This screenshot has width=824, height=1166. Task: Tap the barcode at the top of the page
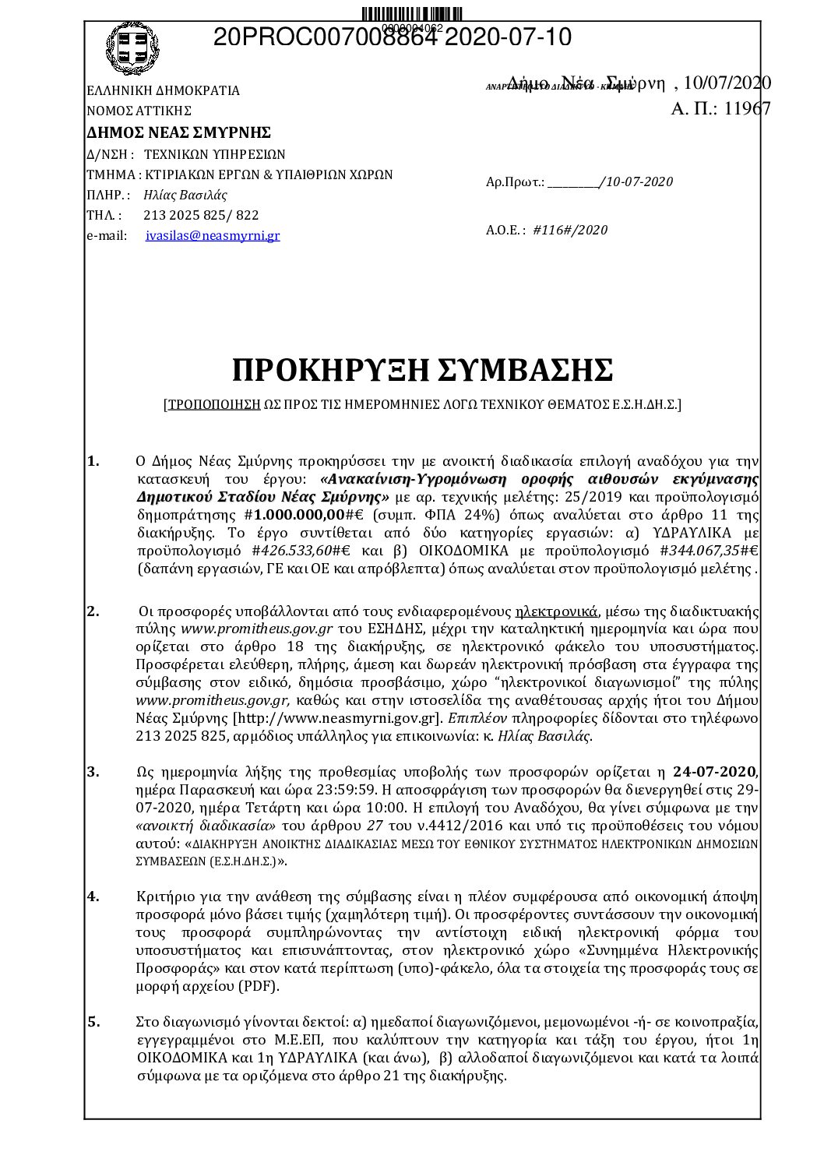[412, 14]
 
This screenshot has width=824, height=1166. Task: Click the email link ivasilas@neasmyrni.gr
[213, 235]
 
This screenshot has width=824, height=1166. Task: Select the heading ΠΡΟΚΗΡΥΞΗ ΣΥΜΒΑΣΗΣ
[422, 371]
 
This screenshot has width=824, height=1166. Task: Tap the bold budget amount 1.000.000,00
[300, 515]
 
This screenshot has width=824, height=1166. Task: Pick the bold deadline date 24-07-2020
[714, 772]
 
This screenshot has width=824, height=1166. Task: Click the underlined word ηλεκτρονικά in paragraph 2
[555, 611]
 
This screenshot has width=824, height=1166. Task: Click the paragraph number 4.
[93, 896]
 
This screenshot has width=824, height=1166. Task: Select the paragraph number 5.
[93, 1021]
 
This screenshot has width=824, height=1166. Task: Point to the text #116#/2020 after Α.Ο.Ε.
[570, 230]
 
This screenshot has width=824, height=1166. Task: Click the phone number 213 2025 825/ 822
[201, 215]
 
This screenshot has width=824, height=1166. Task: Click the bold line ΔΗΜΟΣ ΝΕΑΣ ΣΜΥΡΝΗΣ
[178, 131]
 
